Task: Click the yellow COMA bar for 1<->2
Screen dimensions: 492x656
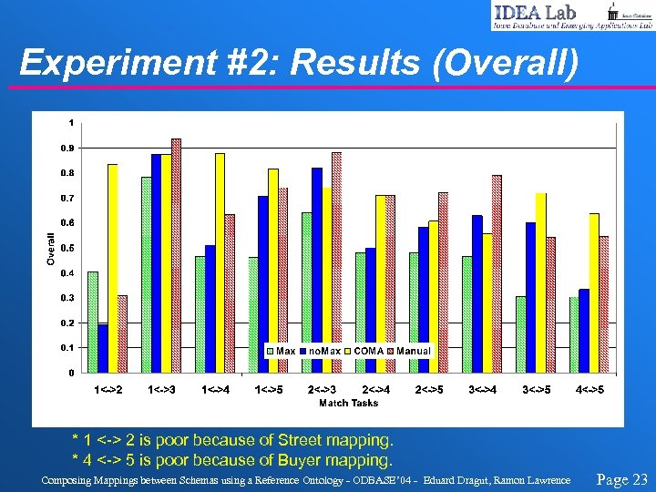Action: coord(113,268)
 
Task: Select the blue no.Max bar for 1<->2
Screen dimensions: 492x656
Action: coord(103,348)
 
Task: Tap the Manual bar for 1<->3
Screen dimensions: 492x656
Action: coord(176,255)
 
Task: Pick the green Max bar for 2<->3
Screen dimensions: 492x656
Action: coord(307,292)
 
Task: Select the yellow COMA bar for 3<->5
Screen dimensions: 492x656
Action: coord(540,282)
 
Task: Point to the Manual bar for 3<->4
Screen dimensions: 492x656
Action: coord(497,273)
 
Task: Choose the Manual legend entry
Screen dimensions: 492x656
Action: coord(408,351)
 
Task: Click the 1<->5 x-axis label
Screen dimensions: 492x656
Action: coord(267,390)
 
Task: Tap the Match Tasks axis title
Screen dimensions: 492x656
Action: coord(348,402)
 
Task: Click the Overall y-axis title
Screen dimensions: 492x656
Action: coord(51,247)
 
